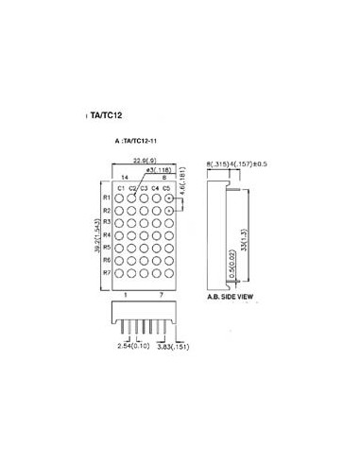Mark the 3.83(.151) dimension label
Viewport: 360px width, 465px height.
pos(173,347)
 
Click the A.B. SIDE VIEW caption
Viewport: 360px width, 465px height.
pos(230,297)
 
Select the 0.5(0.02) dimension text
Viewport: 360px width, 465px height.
pos(233,260)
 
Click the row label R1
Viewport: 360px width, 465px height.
pos(108,198)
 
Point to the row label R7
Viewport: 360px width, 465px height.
pos(108,272)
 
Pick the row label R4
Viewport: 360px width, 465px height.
pos(108,235)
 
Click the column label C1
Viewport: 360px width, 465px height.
pos(122,189)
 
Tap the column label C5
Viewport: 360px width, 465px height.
pos(166,189)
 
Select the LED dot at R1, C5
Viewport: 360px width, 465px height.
pos(168,198)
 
